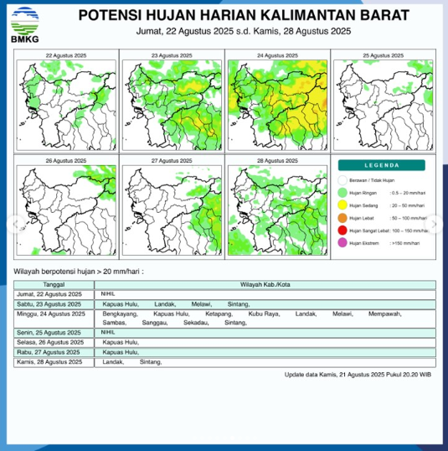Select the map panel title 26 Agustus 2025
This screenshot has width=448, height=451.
65,160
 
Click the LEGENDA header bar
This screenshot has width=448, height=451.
385,165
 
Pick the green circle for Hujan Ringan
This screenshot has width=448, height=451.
342,193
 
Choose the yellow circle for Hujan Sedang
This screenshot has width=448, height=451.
342,205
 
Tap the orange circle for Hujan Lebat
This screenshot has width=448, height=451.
342,218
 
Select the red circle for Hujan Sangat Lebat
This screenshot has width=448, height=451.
342,231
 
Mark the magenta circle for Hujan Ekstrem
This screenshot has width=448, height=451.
342,243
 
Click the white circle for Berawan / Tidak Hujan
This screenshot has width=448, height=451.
342,180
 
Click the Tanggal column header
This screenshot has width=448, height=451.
54,286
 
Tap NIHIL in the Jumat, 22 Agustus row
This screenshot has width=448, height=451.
106,294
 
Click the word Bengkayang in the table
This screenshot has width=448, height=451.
118,314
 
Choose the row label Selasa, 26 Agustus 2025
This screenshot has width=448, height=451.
51,342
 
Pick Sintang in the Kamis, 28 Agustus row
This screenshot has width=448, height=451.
151,361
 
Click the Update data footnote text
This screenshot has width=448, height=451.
358,375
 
